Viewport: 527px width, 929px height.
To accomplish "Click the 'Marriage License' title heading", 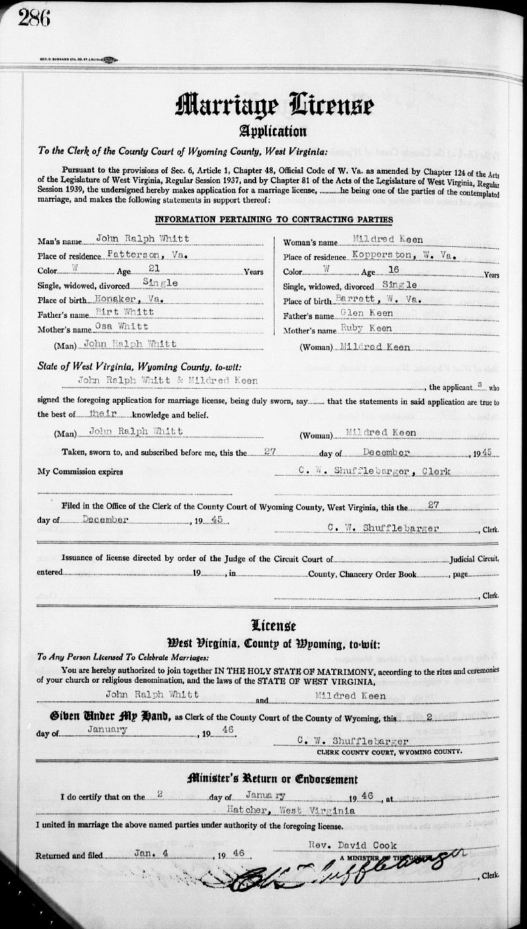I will [x=274, y=104].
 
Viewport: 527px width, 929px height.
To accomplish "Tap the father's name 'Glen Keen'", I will [x=366, y=313].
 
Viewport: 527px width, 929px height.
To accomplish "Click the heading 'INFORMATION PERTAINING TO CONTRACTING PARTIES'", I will [x=273, y=220].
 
